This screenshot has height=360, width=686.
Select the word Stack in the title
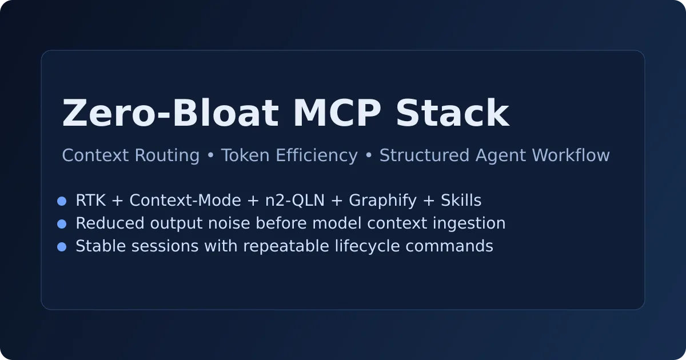(452, 114)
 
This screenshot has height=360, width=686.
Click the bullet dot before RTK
(62, 201)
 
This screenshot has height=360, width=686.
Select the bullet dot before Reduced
(62, 224)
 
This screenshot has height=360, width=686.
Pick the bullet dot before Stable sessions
(62, 247)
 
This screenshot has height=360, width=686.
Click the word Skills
(461, 201)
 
